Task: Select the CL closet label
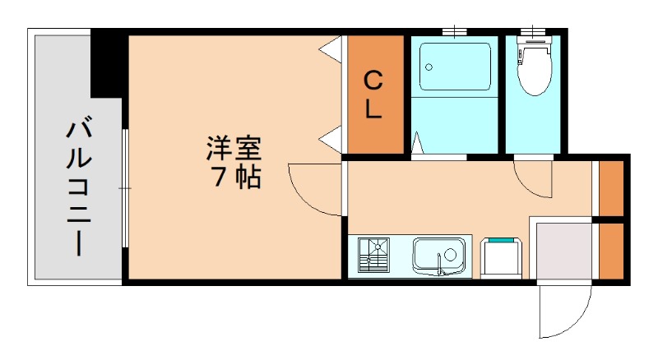coord(373,95)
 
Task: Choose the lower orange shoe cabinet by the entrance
coord(610,251)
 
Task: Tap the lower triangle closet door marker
coord(331,139)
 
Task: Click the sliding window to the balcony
coord(124,187)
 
